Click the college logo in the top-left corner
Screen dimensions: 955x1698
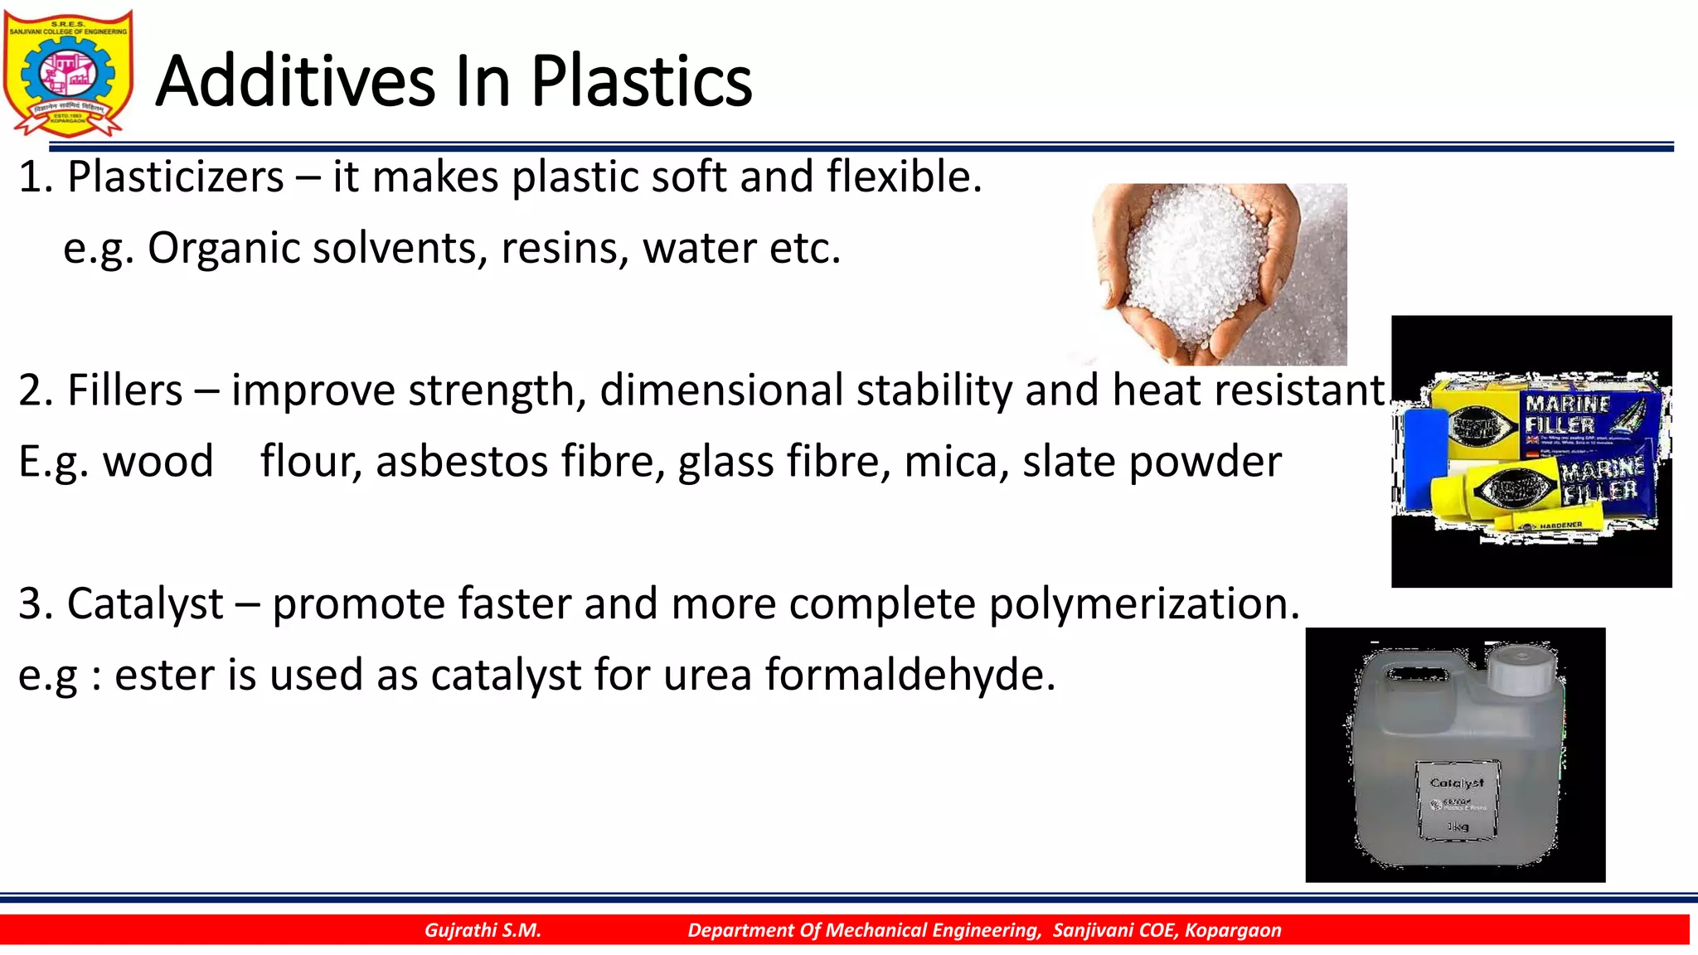pos(68,73)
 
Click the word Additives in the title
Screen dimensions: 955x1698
pos(294,81)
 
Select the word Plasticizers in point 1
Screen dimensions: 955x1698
pos(176,177)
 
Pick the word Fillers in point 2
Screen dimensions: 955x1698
pos(124,390)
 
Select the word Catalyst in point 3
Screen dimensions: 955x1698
pos(145,604)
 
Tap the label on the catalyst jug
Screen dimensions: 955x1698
pos(1457,801)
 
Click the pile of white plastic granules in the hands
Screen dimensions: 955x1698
pos(1198,265)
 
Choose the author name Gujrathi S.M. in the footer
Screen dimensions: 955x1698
pos(483,930)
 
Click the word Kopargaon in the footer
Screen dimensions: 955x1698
pos(1233,930)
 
